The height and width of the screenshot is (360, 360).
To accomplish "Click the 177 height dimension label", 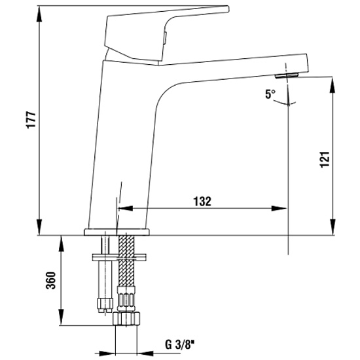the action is click(31, 120).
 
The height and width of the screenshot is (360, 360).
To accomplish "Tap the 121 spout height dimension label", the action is click(325, 160).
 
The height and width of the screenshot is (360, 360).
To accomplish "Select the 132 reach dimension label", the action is click(202, 202).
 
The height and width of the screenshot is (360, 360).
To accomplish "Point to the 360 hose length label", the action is click(51, 280).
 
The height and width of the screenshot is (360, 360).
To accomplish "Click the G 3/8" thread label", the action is click(180, 344).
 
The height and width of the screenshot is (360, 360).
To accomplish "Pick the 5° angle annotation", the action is click(270, 94).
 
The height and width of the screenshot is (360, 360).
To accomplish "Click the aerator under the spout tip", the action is click(287, 75).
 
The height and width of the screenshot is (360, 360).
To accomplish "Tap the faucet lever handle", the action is click(161, 35).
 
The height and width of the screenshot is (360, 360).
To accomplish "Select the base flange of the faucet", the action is click(117, 232).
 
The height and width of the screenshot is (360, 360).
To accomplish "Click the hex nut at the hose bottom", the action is click(126, 319).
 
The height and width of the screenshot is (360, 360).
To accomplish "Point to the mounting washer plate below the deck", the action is click(119, 257).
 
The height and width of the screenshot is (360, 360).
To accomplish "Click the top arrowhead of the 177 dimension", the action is click(39, 14).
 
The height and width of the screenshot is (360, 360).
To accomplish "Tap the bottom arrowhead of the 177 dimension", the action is click(39, 227).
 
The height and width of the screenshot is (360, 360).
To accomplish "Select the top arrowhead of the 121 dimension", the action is click(333, 84).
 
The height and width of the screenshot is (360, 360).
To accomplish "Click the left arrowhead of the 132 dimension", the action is click(126, 208).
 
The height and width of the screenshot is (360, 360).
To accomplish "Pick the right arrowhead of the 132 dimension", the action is click(279, 208).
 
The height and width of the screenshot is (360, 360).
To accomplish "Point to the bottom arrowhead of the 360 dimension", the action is click(61, 317).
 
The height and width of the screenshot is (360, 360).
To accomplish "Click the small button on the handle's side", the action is click(165, 38).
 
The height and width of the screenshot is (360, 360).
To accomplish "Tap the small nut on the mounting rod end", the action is click(105, 305).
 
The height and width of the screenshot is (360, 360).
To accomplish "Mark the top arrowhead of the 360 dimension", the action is click(61, 244).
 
